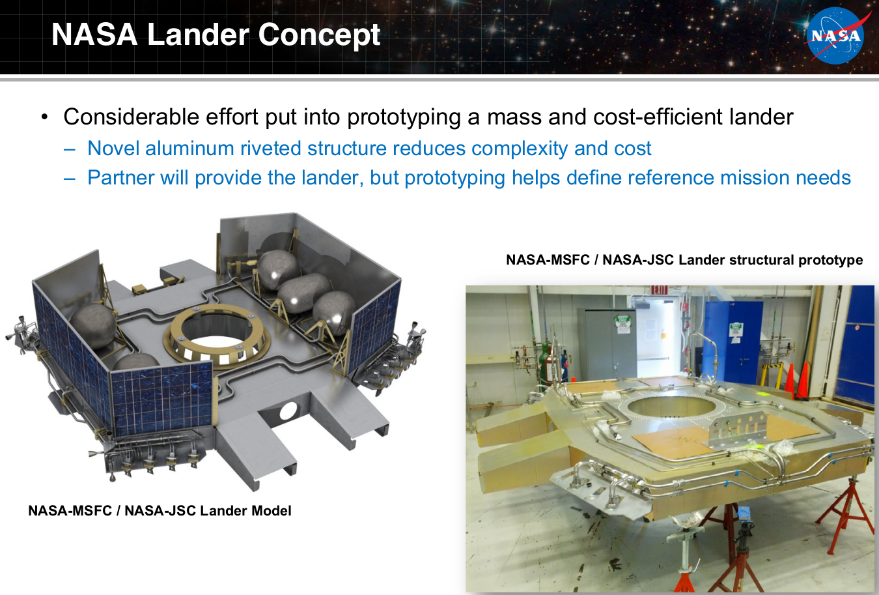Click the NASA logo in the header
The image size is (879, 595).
pyautogui.click(x=835, y=36)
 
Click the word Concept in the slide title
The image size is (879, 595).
pyautogui.click(x=319, y=35)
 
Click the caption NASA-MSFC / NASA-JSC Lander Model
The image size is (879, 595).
pyautogui.click(x=160, y=510)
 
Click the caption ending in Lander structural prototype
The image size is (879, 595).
pyautogui.click(x=684, y=260)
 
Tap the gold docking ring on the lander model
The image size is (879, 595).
pyautogui.click(x=217, y=336)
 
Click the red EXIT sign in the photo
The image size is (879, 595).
pyautogui.click(x=659, y=290)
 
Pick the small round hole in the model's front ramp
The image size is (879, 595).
pyautogui.click(x=288, y=411)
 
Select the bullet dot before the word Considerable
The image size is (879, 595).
pyautogui.click(x=44, y=117)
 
